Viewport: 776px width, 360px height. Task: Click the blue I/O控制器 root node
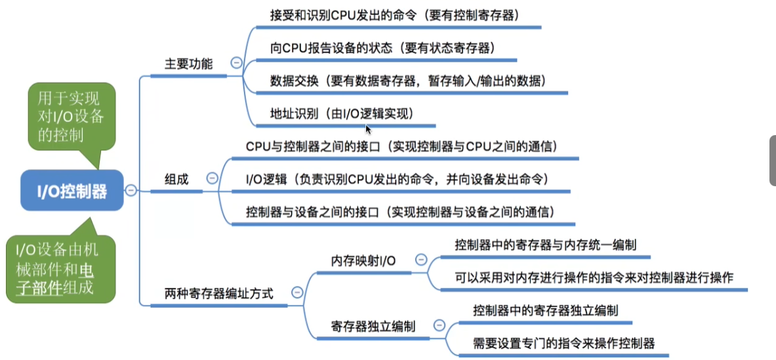71,191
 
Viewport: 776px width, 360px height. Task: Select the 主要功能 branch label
188,64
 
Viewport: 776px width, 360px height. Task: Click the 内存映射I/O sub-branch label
363,260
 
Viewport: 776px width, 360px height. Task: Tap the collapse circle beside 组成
212,178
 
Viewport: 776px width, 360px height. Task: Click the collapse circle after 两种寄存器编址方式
297,292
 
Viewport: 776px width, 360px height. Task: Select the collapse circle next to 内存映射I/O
420,260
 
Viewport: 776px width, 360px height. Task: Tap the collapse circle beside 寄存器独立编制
439,325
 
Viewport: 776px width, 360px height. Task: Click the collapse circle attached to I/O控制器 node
131,190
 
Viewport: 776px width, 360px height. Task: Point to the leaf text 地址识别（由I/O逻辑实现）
342,113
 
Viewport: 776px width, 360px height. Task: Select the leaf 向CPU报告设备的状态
382,47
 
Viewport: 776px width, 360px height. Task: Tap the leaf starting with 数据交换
407,80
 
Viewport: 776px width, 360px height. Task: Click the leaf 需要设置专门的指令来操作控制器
563,343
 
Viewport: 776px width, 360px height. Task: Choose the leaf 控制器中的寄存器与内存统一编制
545,244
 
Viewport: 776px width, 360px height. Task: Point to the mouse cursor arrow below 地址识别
369,129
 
